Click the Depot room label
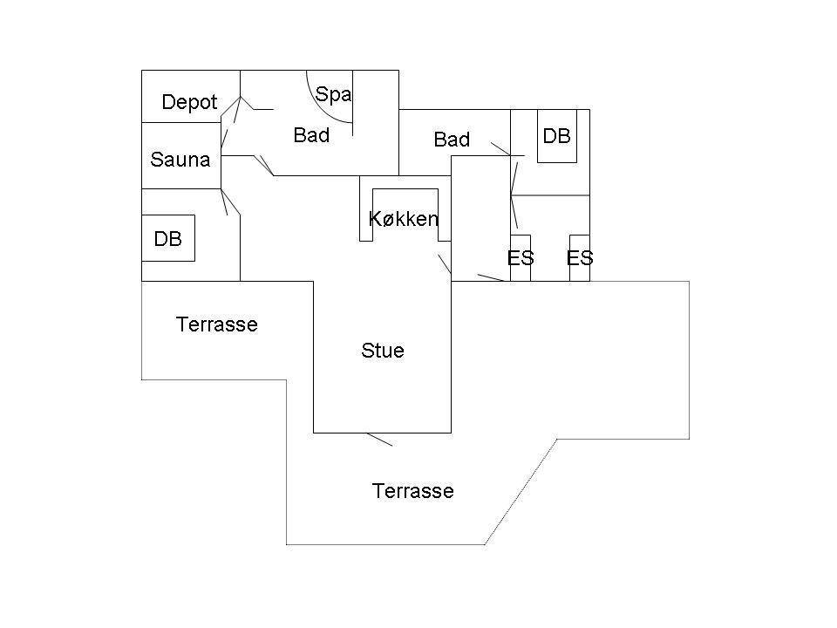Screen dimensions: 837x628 click(189, 102)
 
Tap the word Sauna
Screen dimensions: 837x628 click(180, 160)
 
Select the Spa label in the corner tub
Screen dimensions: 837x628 click(333, 94)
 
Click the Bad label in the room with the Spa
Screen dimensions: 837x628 click(311, 135)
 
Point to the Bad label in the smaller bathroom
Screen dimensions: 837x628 click(452, 140)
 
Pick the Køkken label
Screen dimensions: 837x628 click(404, 218)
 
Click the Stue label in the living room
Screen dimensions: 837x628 click(383, 351)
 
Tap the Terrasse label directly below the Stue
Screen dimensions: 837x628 click(413, 491)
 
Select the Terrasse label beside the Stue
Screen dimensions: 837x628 click(217, 324)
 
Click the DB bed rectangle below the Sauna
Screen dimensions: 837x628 click(168, 238)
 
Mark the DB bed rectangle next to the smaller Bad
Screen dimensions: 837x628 click(557, 136)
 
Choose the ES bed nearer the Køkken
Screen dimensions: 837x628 click(521, 258)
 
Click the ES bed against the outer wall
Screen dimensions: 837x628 click(580, 258)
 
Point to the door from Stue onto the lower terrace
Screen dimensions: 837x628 click(379, 439)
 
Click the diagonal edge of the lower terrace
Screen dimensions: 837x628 click(521, 492)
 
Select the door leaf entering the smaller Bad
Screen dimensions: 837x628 click(500, 149)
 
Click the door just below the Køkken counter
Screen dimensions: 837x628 click(445, 263)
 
